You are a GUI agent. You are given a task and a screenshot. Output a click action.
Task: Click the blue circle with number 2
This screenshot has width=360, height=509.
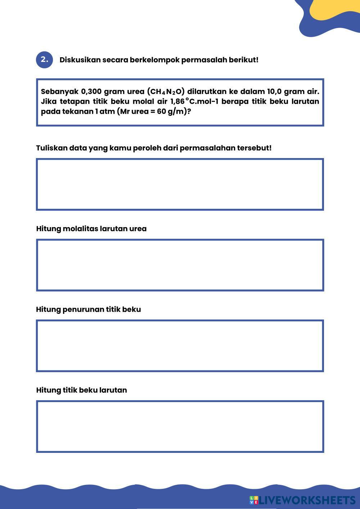44,60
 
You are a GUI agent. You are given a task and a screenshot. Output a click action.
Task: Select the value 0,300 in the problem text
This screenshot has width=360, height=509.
91,91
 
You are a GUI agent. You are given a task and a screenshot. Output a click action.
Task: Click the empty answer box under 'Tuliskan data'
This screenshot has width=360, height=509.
180,184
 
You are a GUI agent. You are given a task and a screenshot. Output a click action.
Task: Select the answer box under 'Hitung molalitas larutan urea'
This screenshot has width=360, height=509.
180,265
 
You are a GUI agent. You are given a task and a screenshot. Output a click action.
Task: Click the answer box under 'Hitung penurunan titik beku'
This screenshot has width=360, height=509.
180,346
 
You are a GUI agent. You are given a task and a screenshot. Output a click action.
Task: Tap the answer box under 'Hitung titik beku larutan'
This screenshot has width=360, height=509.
180,426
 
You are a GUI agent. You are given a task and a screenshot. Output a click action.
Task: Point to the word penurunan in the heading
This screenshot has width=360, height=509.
83,310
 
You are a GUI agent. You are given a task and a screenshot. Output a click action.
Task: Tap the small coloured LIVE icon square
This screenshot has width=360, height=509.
254,500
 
